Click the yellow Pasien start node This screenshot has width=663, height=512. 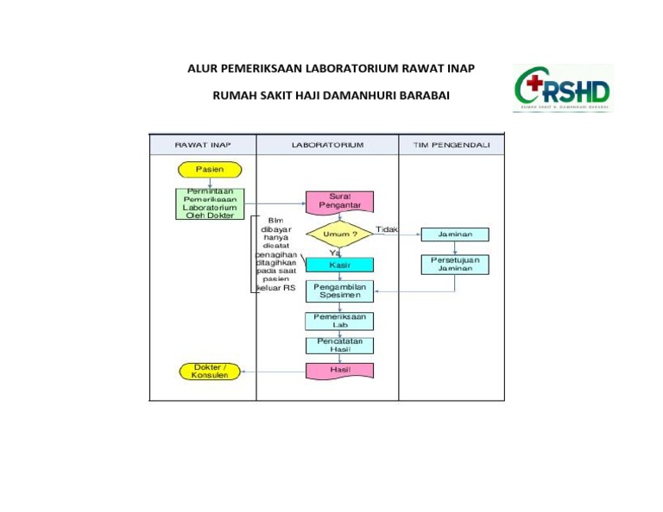tap(210, 170)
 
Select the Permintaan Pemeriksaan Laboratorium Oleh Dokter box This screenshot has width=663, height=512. tap(210, 203)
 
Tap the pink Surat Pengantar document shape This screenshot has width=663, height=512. tap(339, 202)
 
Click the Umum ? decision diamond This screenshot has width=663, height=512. tap(340, 234)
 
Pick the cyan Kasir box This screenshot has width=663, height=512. tap(339, 265)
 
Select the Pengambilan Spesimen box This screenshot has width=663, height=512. tap(339, 290)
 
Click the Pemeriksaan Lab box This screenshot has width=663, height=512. tap(339, 321)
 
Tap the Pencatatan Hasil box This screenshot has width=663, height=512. tap(339, 345)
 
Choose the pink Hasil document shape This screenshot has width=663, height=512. tap(339, 370)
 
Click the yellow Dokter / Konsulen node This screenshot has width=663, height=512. tap(210, 372)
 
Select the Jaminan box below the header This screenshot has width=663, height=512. tap(455, 234)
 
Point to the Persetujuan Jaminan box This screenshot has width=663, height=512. tap(455, 264)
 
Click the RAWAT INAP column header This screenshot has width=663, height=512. tap(203, 145)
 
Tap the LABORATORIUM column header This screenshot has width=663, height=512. tap(327, 145)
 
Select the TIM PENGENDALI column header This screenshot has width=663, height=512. tap(451, 145)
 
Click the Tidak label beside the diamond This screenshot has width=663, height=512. tap(387, 228)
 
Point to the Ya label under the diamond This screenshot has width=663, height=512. tap(334, 253)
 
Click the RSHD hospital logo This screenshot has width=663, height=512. tap(562, 89)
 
